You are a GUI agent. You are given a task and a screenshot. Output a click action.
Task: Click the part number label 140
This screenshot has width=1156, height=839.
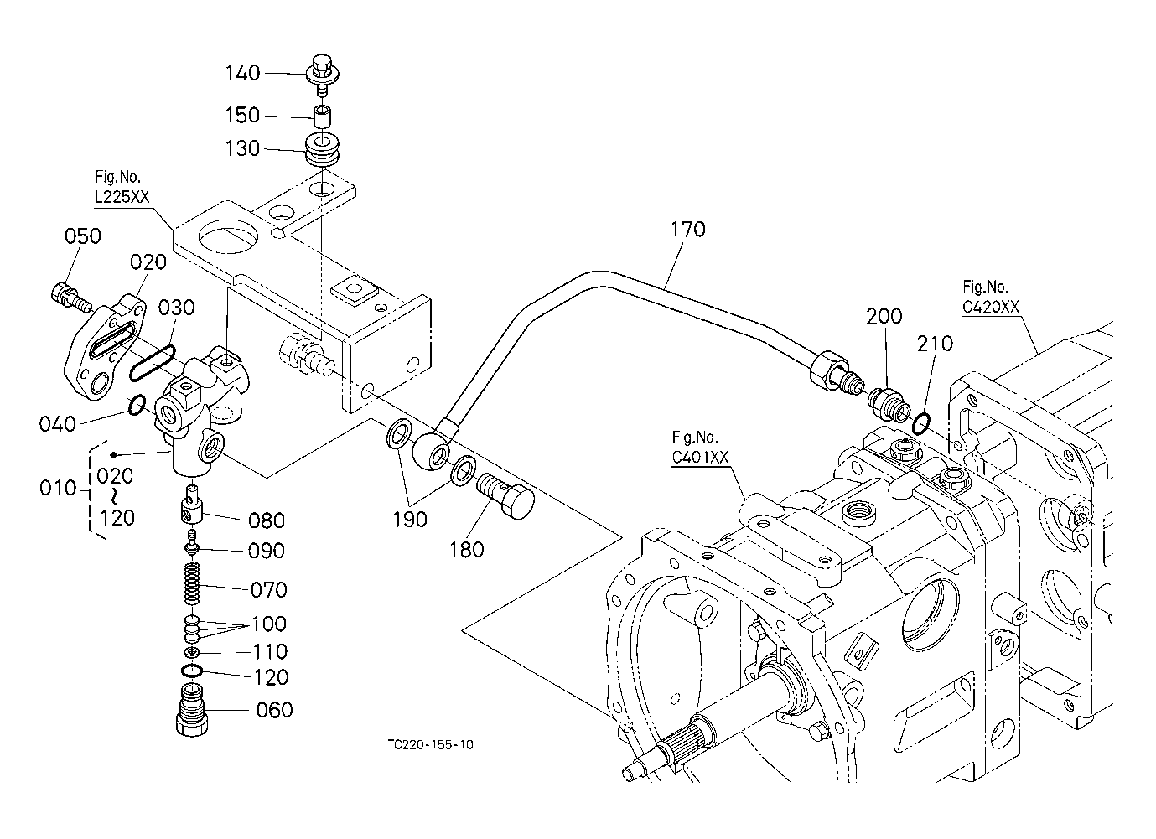tap(242, 73)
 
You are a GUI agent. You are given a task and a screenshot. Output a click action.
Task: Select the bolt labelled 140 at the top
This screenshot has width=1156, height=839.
tap(322, 75)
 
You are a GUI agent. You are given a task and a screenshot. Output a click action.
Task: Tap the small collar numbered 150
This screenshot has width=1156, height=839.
tap(323, 117)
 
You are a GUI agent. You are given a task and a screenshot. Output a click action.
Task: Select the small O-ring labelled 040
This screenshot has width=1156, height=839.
tap(137, 406)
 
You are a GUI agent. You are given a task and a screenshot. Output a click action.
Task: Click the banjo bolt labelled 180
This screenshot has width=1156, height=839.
tap(504, 496)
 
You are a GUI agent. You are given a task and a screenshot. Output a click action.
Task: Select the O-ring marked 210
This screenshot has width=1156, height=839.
tap(921, 423)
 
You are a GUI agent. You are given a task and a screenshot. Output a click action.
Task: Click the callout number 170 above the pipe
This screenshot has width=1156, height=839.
tap(688, 230)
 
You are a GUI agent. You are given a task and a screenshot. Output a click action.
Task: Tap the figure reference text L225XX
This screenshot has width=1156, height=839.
tap(122, 197)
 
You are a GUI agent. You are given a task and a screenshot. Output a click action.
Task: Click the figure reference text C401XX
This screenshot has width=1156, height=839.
tap(700, 457)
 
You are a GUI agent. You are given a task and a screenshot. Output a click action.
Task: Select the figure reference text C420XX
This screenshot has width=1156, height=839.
tap(991, 307)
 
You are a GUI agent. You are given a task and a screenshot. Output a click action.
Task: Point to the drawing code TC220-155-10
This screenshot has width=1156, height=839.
tap(430, 744)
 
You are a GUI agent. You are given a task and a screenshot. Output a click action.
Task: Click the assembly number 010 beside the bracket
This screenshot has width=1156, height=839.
tap(58, 488)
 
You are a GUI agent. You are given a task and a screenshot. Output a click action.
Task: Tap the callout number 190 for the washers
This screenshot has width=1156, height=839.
tap(410, 520)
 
